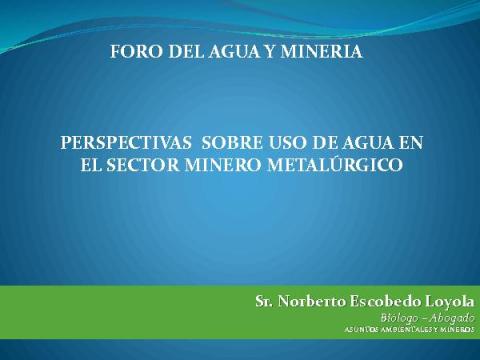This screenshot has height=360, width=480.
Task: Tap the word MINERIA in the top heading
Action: [321, 52]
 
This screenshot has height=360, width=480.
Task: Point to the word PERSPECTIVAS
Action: [126, 143]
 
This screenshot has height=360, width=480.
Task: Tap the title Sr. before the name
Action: [265, 301]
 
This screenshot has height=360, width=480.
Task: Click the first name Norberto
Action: [312, 301]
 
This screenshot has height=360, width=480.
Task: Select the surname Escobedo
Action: [385, 301]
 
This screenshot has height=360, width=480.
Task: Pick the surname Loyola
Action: [449, 302]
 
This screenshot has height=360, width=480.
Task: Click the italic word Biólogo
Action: [400, 318]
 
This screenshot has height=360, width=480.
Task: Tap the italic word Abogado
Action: [452, 318]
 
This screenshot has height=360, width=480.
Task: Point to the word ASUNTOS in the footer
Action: [358, 330]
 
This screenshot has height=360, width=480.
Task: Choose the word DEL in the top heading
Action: [186, 52]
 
